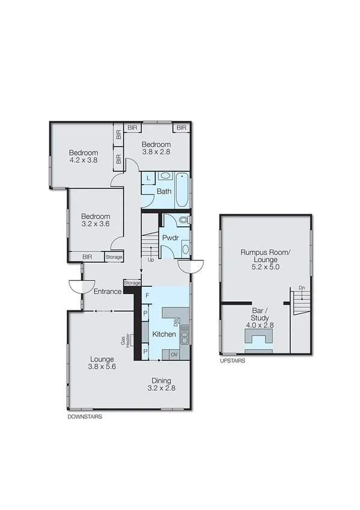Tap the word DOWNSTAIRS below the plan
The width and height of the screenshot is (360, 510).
coord(83,417)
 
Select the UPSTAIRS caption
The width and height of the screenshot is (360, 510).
coord(233,361)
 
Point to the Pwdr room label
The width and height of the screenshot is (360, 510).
coord(168,238)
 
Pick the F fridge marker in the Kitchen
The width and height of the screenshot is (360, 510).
coord(147,295)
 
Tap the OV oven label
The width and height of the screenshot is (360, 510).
coord(174,355)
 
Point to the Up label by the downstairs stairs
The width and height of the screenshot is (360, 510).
coord(150,260)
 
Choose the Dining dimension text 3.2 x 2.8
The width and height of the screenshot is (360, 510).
coord(161,389)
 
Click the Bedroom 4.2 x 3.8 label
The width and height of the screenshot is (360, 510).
coord(83,156)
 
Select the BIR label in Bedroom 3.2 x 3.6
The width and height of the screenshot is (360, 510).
coord(87,257)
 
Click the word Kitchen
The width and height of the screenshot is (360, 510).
coord(163,334)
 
